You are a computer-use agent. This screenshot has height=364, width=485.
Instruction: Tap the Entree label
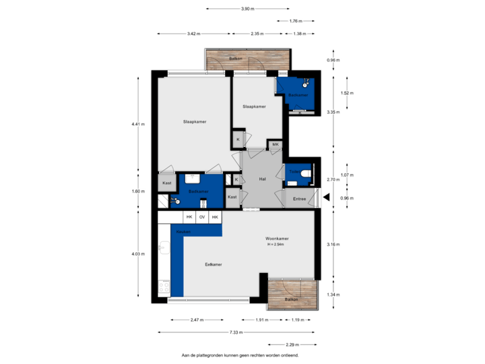300,199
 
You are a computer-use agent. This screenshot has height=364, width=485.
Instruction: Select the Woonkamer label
277,239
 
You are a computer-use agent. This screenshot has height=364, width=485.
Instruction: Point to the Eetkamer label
214,264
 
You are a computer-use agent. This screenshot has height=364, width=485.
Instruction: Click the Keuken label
183,231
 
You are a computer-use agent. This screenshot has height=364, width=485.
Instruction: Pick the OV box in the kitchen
201,217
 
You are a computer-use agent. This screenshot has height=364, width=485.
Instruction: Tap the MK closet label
275,144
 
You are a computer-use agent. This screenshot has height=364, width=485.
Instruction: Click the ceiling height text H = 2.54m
277,245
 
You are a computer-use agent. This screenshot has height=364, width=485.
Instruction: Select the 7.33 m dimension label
236,332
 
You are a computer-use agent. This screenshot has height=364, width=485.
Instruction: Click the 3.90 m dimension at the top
248,9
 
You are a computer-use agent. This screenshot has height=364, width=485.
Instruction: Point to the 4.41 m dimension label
137,124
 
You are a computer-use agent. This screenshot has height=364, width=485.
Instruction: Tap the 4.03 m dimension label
137,253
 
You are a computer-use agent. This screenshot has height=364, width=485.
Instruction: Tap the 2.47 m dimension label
197,320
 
